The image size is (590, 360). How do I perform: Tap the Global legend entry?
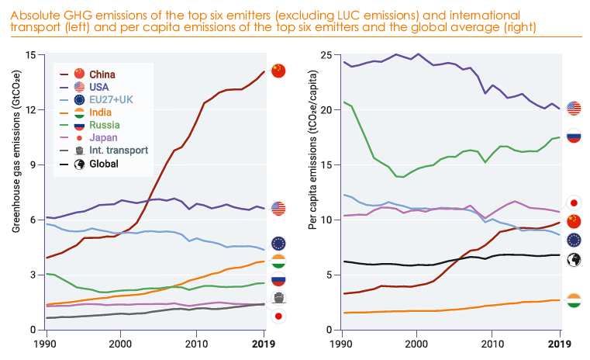[x=104, y=164]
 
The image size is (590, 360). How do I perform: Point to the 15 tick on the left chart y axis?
[x=30, y=55]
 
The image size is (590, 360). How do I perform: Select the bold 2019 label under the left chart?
[x=264, y=343]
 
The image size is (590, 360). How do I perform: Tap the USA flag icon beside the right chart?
[x=574, y=108]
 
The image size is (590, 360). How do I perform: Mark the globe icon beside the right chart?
[x=574, y=260]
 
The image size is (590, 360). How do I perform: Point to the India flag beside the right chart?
[x=574, y=300]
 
